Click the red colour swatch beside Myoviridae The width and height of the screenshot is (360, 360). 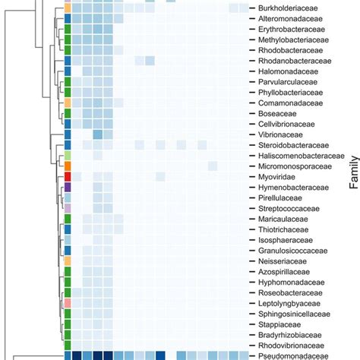point(68,176)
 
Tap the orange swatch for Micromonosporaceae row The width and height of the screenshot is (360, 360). point(68,166)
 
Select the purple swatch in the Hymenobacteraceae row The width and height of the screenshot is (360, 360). point(68,187)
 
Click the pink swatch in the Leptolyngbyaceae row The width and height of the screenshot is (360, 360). point(68,302)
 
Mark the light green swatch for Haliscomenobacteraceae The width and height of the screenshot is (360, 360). point(68,155)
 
